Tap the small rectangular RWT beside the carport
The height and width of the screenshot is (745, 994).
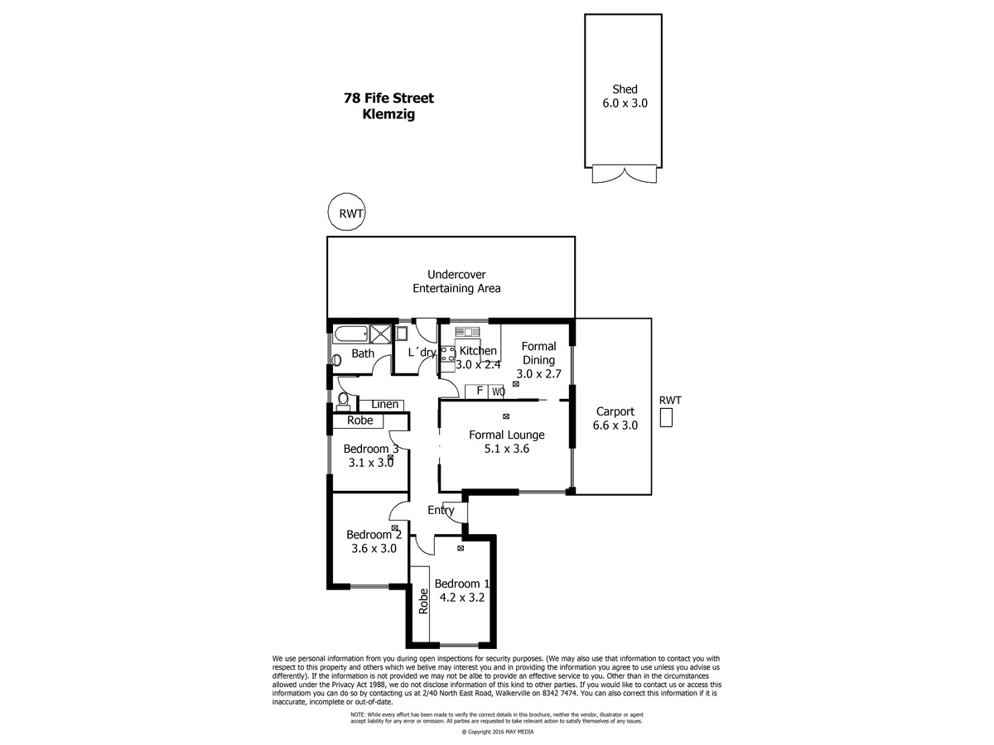666,417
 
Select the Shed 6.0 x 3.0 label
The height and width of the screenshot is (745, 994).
625,96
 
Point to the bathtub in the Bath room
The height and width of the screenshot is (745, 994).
350,334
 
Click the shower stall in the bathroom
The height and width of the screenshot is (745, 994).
380,334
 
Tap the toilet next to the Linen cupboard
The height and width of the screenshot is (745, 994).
343,401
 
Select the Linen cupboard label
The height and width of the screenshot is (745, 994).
385,404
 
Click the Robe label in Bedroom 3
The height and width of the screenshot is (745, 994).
360,421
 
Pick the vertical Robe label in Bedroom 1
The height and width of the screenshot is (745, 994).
423,601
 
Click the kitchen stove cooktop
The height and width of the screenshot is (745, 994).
448,353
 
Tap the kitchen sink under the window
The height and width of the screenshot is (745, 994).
467,332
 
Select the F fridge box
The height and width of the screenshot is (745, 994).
479,391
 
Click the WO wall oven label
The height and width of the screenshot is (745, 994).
498,392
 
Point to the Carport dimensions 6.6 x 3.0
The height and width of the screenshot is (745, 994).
615,425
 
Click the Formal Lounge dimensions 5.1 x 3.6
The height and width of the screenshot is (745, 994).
506,449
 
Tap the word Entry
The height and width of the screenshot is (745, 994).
441,511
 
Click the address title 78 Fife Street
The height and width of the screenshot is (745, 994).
388,98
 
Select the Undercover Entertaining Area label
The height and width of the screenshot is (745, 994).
456,281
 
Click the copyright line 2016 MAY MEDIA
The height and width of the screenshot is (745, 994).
497,732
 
